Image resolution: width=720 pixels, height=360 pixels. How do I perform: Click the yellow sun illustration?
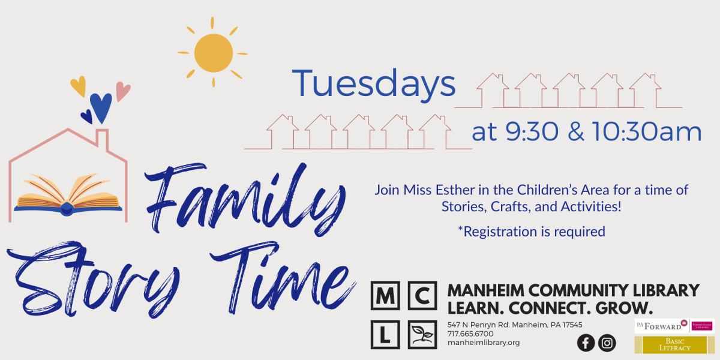pyautogui.click(x=213, y=53)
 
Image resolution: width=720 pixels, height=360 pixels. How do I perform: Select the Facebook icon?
pyautogui.click(x=586, y=343)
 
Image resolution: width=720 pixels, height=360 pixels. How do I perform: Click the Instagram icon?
pyautogui.click(x=607, y=343)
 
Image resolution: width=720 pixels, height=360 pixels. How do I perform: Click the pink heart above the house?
pyautogui.click(x=123, y=91)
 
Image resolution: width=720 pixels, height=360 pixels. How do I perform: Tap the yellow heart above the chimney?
pyautogui.click(x=78, y=86)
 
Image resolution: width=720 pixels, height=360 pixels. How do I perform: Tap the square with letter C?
pyautogui.click(x=422, y=296)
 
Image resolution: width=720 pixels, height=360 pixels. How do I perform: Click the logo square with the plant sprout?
pyautogui.click(x=422, y=334)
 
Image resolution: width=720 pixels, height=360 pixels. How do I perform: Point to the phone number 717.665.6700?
pyautogui.click(x=470, y=334)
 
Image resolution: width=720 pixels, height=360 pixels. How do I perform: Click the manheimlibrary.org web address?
pyautogui.click(x=484, y=343)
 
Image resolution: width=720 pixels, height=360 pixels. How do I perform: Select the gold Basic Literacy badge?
pyautogui.click(x=674, y=345)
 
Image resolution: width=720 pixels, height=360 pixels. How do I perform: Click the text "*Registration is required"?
pyautogui.click(x=531, y=232)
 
